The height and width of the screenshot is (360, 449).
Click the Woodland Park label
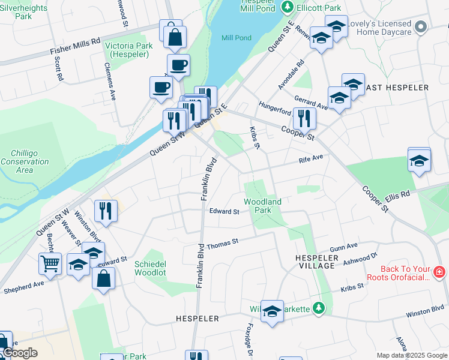(263, 206)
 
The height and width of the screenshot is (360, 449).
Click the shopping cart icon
(50, 262)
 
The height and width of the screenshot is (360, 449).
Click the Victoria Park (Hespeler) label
(128, 50)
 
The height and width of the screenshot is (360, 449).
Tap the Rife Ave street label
(312, 159)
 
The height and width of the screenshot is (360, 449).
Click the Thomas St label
(222, 243)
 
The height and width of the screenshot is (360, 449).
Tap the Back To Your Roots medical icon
(439, 272)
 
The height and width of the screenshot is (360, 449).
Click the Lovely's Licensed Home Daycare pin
(421, 27)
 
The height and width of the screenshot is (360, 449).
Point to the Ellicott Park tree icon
(288, 7)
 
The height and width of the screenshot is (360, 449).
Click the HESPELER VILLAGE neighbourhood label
(315, 261)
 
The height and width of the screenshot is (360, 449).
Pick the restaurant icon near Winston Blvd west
(106, 211)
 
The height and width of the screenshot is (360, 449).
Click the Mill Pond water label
(237, 38)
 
